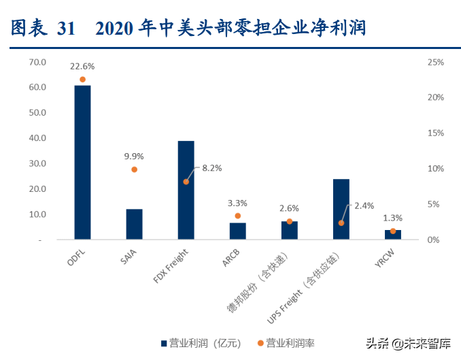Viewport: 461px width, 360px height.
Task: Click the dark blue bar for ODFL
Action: click(x=82, y=163)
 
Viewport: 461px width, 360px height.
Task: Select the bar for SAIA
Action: click(x=134, y=225)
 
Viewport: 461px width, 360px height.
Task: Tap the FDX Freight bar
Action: click(x=186, y=191)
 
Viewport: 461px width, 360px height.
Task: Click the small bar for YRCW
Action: click(x=392, y=235)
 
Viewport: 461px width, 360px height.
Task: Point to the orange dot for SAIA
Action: click(x=134, y=169)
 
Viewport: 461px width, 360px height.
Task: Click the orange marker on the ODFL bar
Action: click(x=82, y=80)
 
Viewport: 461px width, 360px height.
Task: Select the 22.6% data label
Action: click(x=82, y=67)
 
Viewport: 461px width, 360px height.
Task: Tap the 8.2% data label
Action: click(x=209, y=167)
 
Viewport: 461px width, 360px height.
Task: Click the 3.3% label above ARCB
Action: click(x=237, y=203)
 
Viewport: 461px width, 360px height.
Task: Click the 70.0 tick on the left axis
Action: click(x=37, y=62)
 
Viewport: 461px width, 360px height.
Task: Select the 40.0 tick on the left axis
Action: click(x=37, y=138)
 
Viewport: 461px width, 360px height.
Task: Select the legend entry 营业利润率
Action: click(x=286, y=343)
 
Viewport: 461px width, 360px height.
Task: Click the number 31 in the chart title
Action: click(x=67, y=28)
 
